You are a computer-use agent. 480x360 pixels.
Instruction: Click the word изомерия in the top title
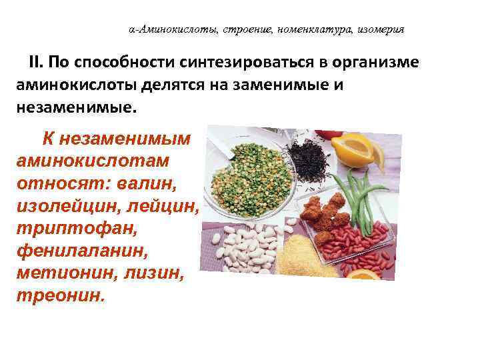coord(381,30)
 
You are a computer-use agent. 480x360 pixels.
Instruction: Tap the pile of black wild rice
coord(310,159)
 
